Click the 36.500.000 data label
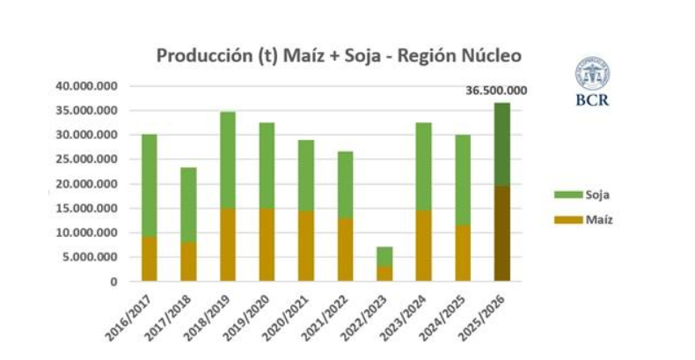coord(497,90)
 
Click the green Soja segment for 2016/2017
coord(149,185)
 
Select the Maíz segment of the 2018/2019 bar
coord(227,245)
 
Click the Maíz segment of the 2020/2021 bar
coord(304,246)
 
